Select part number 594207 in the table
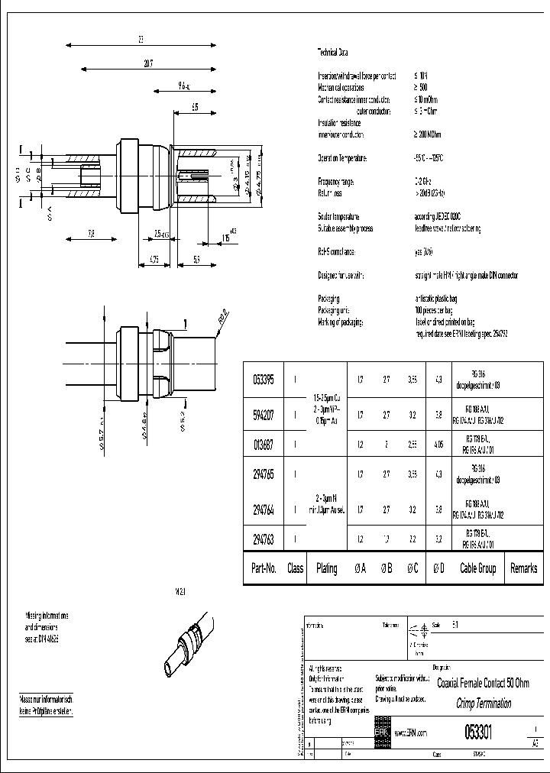[264, 416]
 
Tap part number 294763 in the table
[264, 539]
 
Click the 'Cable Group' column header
[477, 568]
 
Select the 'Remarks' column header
[524, 568]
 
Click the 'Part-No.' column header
[264, 568]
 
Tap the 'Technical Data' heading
[332, 53]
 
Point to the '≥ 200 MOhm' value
[429, 134]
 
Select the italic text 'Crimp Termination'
[481, 702]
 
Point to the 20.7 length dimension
[147, 65]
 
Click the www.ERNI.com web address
[411, 733]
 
